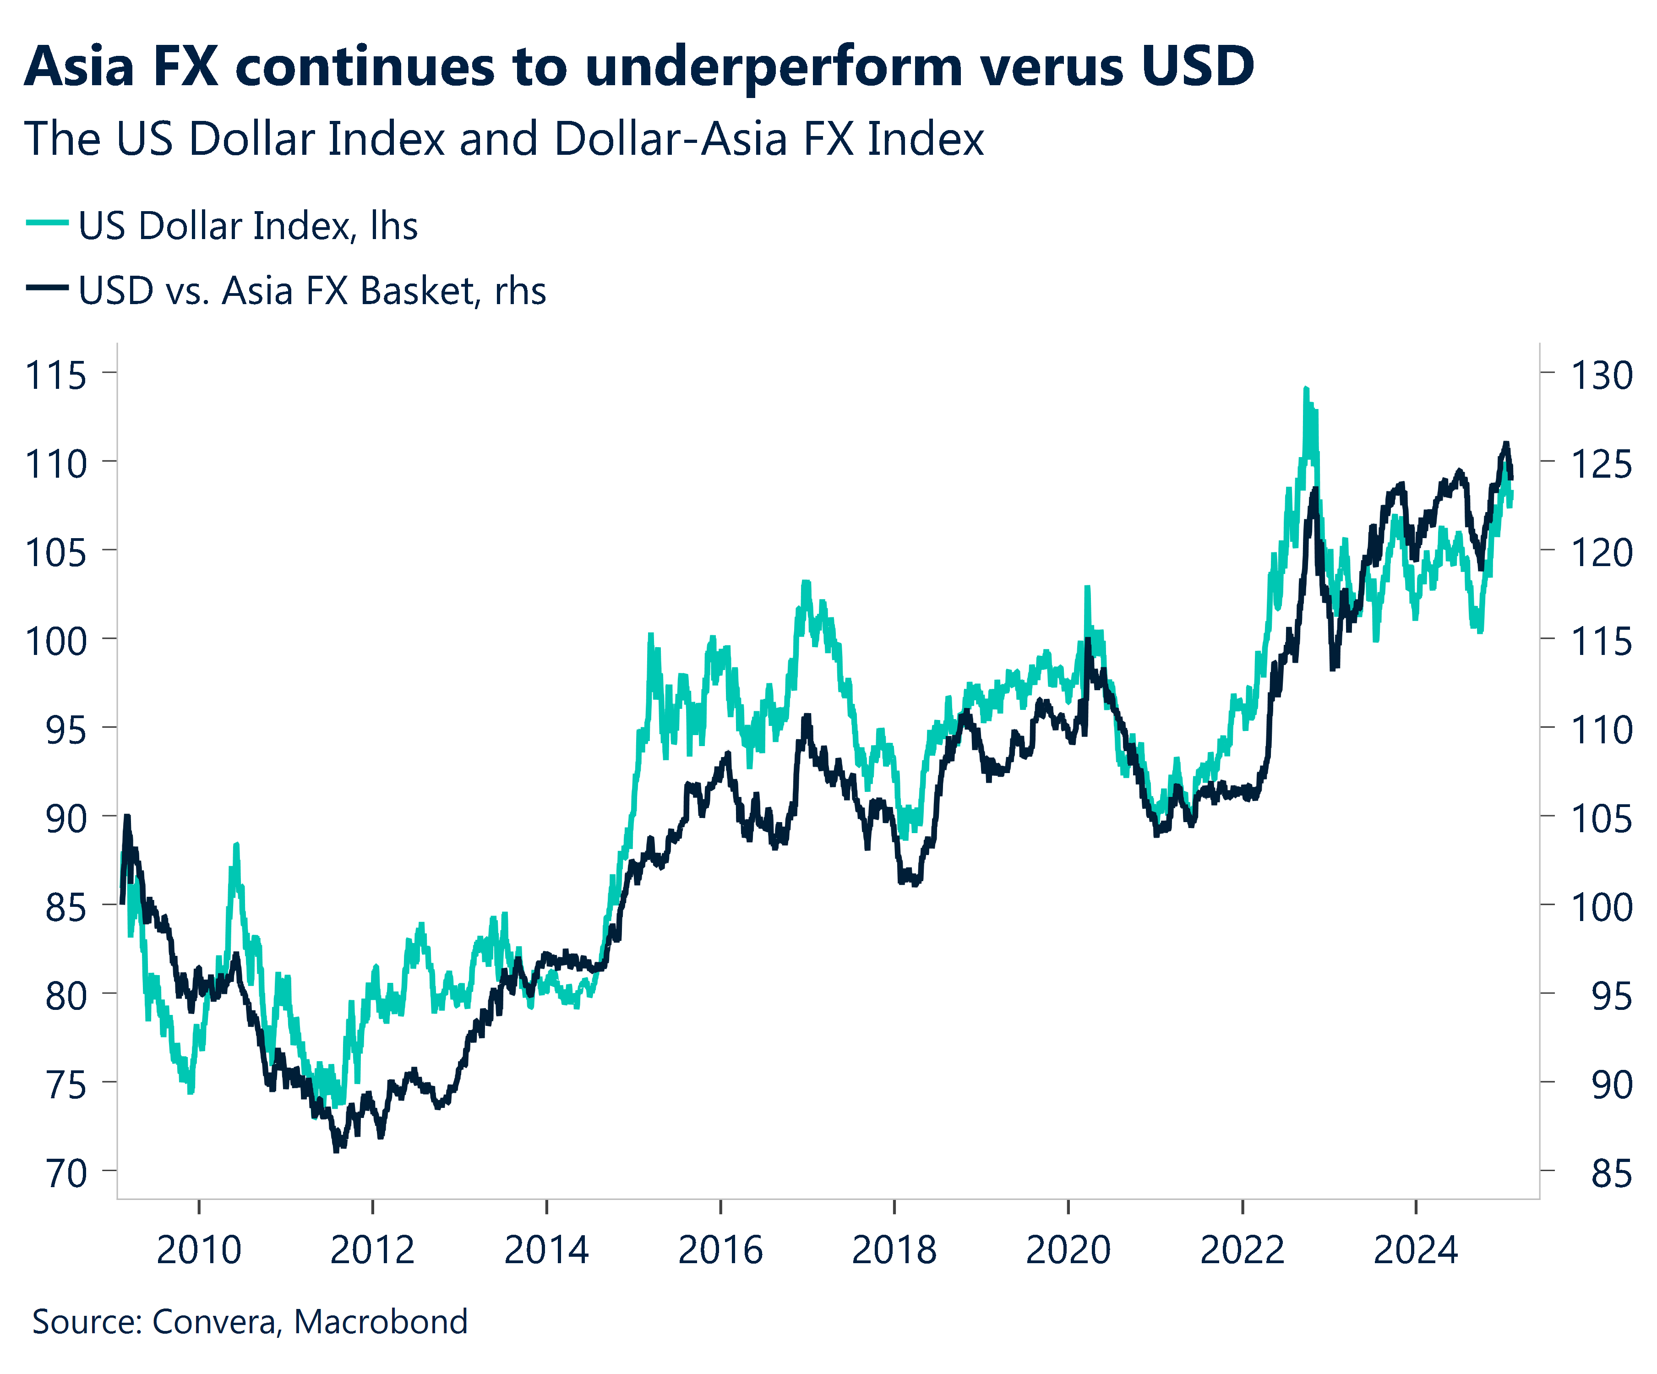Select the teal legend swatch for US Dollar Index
coord(47,224)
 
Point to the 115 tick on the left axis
coord(55,375)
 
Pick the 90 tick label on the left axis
coord(65,818)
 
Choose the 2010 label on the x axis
coord(199,1250)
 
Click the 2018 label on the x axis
coord(894,1250)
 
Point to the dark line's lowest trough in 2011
coord(337,1150)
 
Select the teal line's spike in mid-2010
coord(236,845)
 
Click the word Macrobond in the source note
coord(381,1322)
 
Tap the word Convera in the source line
coord(215,1322)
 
